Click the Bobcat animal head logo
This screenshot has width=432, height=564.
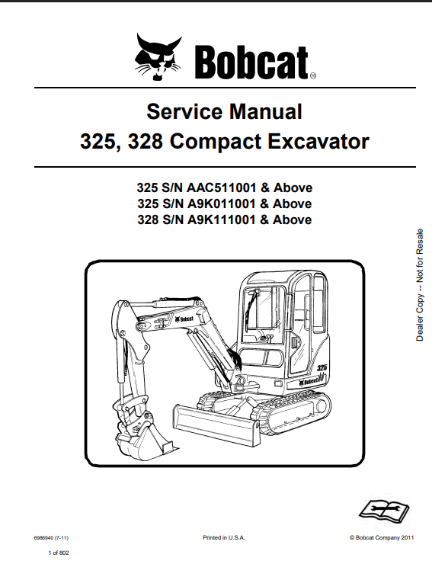tap(158, 56)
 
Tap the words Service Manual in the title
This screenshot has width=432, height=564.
tap(224, 111)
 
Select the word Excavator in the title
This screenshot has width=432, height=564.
tap(318, 141)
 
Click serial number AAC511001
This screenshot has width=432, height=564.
tap(222, 187)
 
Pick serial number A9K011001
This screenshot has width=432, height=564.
tap(222, 203)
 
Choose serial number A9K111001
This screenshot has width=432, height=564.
tap(222, 220)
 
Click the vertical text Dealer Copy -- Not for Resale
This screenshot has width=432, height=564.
tap(420, 285)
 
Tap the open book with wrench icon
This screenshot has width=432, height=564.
tap(385, 511)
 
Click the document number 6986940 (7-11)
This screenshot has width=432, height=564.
tap(51, 538)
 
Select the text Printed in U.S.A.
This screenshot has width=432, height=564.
tap(224, 538)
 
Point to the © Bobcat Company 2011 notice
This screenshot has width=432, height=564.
tap(382, 538)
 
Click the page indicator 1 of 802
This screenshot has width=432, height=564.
tap(59, 553)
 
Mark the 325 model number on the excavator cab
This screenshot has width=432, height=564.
tap(322, 367)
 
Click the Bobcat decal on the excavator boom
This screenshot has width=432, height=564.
tap(184, 319)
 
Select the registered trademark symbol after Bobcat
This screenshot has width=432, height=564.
tap(313, 76)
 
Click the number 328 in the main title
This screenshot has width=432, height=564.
tap(146, 142)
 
